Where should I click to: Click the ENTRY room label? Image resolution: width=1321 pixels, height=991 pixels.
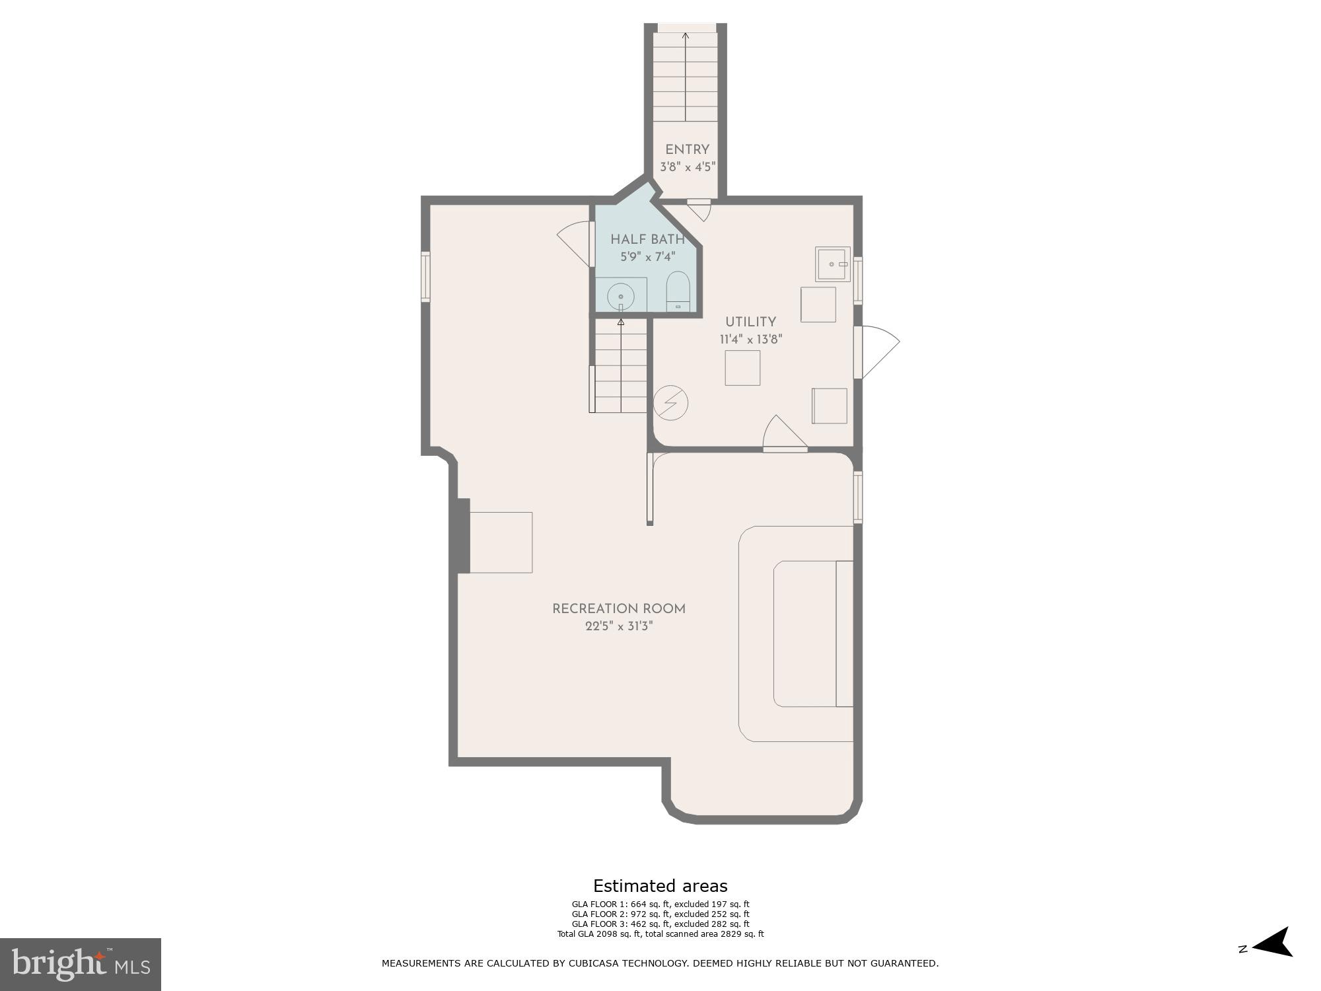[687, 150]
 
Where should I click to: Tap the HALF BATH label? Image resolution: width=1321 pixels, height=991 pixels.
[647, 239]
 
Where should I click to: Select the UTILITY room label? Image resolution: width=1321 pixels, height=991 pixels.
[750, 322]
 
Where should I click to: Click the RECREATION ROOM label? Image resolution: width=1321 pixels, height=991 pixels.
[619, 609]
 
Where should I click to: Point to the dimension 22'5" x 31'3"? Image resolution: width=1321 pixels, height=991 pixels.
[619, 626]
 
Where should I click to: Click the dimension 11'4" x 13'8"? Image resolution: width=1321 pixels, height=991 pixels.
[751, 340]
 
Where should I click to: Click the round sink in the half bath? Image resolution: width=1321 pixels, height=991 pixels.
[621, 297]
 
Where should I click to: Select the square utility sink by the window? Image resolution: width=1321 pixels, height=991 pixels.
[832, 264]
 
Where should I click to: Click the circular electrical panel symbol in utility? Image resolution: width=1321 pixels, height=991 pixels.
[671, 402]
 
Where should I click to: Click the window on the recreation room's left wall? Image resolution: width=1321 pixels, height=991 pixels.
[426, 277]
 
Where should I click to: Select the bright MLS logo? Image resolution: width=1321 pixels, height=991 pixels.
[81, 964]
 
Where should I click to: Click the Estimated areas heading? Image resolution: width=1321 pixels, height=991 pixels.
[660, 886]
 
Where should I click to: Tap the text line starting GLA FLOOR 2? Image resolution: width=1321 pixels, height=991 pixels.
[660, 914]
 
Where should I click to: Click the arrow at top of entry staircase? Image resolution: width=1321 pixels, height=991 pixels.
[686, 36]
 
